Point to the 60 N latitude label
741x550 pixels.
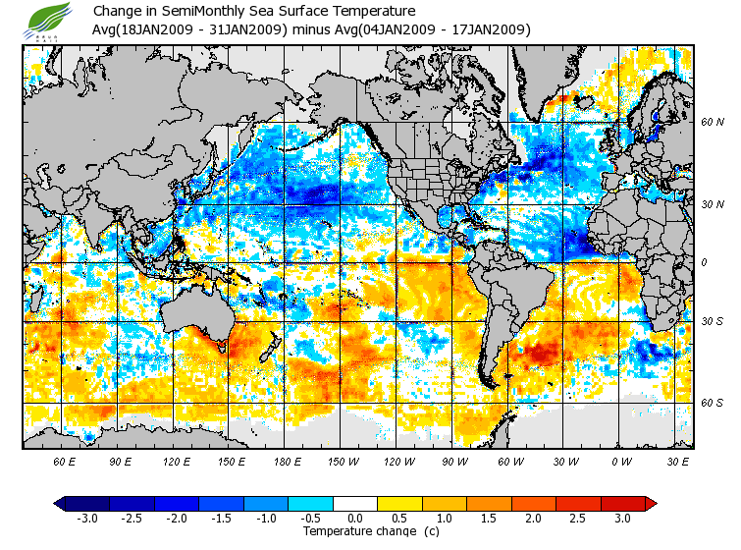712,123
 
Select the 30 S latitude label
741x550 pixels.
712,322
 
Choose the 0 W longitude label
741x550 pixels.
620,461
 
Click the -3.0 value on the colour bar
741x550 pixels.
86,518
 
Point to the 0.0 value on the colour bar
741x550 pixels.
355,518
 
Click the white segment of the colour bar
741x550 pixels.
355,504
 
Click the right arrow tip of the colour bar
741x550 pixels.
652,504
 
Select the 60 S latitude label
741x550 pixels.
712,402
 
